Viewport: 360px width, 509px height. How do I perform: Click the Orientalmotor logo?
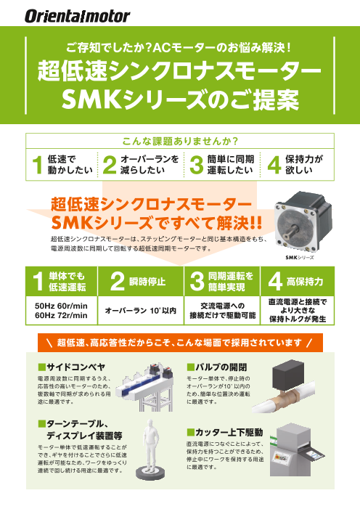pyautogui.click(x=77, y=16)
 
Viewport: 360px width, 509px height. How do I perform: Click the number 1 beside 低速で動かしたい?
pyautogui.click(x=37, y=165)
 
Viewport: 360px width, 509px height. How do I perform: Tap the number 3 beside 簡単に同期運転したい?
pyautogui.click(x=196, y=165)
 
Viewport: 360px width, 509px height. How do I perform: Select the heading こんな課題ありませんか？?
pyautogui.click(x=180, y=141)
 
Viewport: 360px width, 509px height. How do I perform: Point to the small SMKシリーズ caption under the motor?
pyautogui.click(x=299, y=258)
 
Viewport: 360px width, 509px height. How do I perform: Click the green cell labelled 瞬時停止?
pyautogui.click(x=141, y=282)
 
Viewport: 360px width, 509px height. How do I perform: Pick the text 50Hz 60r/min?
pyautogui.click(x=61, y=306)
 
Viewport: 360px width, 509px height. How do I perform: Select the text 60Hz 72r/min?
pyautogui.click(x=61, y=315)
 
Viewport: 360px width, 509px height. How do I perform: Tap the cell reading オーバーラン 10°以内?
pyautogui.click(x=141, y=311)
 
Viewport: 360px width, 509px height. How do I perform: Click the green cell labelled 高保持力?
pyautogui.click(x=298, y=282)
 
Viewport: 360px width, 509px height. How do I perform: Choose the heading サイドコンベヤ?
pyautogui.click(x=72, y=367)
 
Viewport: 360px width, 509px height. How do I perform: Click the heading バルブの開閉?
pyautogui.click(x=217, y=367)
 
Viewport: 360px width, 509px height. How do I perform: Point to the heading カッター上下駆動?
pyautogui.click(x=225, y=432)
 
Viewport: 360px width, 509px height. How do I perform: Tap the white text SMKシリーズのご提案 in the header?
pyautogui.click(x=180, y=99)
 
